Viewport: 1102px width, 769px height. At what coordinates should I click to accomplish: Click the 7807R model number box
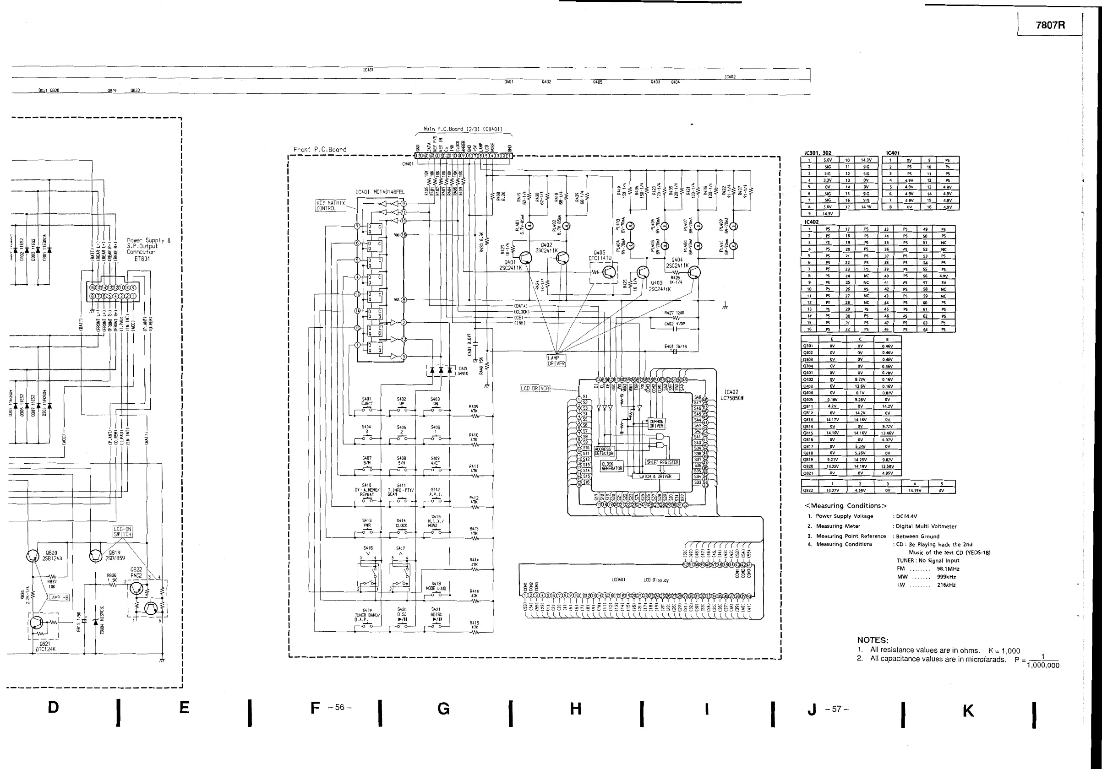point(1050,25)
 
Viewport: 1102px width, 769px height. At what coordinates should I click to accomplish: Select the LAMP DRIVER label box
point(556,360)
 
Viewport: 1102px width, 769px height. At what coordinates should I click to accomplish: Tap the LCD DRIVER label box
point(535,388)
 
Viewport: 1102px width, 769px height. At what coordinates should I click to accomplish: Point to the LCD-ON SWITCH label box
point(122,531)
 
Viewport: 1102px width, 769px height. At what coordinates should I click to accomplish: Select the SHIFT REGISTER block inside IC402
point(662,462)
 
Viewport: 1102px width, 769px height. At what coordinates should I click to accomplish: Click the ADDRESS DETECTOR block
point(604,451)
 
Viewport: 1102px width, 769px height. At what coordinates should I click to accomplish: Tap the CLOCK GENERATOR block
point(612,466)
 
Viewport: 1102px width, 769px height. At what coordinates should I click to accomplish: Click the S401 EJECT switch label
point(367,401)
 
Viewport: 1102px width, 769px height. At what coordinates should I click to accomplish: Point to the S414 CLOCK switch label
point(401,523)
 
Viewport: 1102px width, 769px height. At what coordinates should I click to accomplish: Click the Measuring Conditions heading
point(845,506)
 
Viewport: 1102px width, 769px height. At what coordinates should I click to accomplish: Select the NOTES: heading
point(873,640)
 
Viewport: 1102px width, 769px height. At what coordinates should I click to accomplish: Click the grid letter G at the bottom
point(443,709)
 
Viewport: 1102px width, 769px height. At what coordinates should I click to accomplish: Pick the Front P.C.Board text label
point(320,150)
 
